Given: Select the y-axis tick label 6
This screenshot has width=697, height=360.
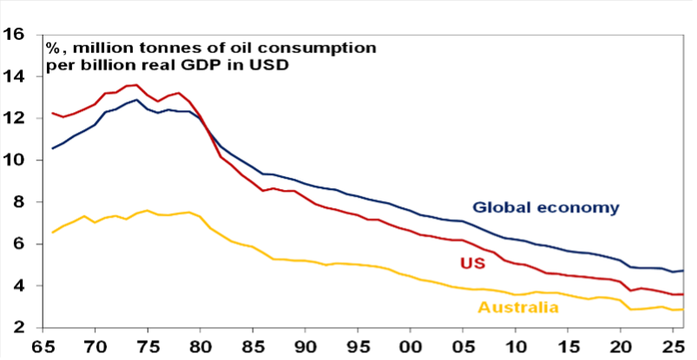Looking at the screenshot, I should [x=19, y=245].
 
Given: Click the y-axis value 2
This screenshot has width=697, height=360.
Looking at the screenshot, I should [x=19, y=328].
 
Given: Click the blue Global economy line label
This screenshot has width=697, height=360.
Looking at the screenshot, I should [x=545, y=207].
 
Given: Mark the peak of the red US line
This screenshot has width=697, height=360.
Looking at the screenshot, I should [x=136, y=85].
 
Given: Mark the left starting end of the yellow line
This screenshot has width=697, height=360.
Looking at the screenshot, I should [x=52, y=232].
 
